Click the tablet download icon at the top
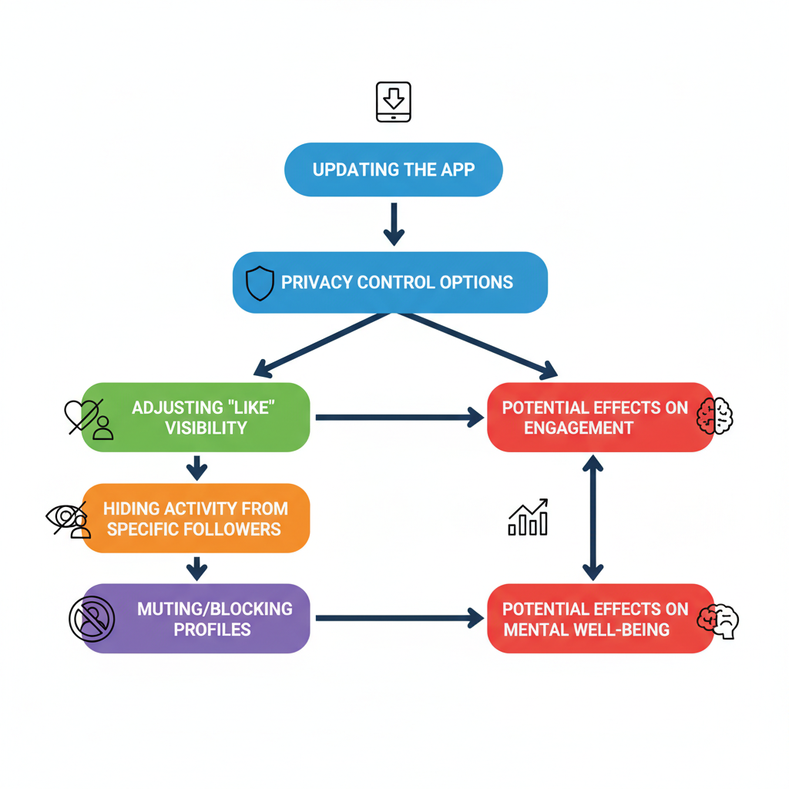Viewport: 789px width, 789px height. (393, 102)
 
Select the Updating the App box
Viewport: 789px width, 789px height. (393, 170)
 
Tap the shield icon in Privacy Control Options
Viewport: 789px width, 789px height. (260, 283)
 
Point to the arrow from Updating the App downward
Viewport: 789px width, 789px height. (394, 223)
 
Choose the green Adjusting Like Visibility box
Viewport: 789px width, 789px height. (196, 417)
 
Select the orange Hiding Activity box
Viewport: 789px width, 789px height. (196, 518)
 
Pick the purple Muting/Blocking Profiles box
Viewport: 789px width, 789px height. (196, 619)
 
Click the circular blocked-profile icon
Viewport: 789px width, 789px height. (92, 619)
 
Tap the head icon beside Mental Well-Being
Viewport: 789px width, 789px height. (718, 619)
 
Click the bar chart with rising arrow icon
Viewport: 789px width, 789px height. (529, 517)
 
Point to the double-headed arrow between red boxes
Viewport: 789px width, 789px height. (593, 517)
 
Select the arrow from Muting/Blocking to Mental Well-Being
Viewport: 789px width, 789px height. (398, 618)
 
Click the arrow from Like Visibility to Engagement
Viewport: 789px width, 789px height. (398, 417)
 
